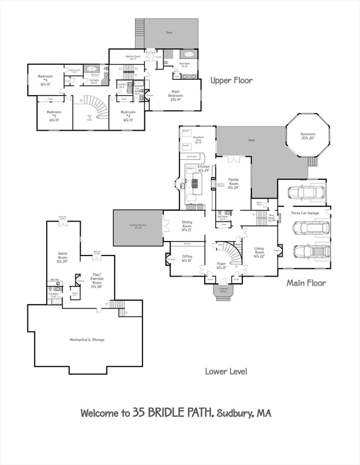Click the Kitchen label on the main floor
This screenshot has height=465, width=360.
coord(204,168)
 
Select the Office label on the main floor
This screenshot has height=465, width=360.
coord(187,258)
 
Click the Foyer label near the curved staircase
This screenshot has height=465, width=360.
coord(222,265)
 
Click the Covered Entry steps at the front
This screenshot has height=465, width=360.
coord(222,292)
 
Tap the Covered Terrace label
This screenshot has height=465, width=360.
coord(138,227)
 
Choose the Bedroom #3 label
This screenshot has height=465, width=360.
coord(54,116)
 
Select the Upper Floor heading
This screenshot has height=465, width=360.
coord(232,80)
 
